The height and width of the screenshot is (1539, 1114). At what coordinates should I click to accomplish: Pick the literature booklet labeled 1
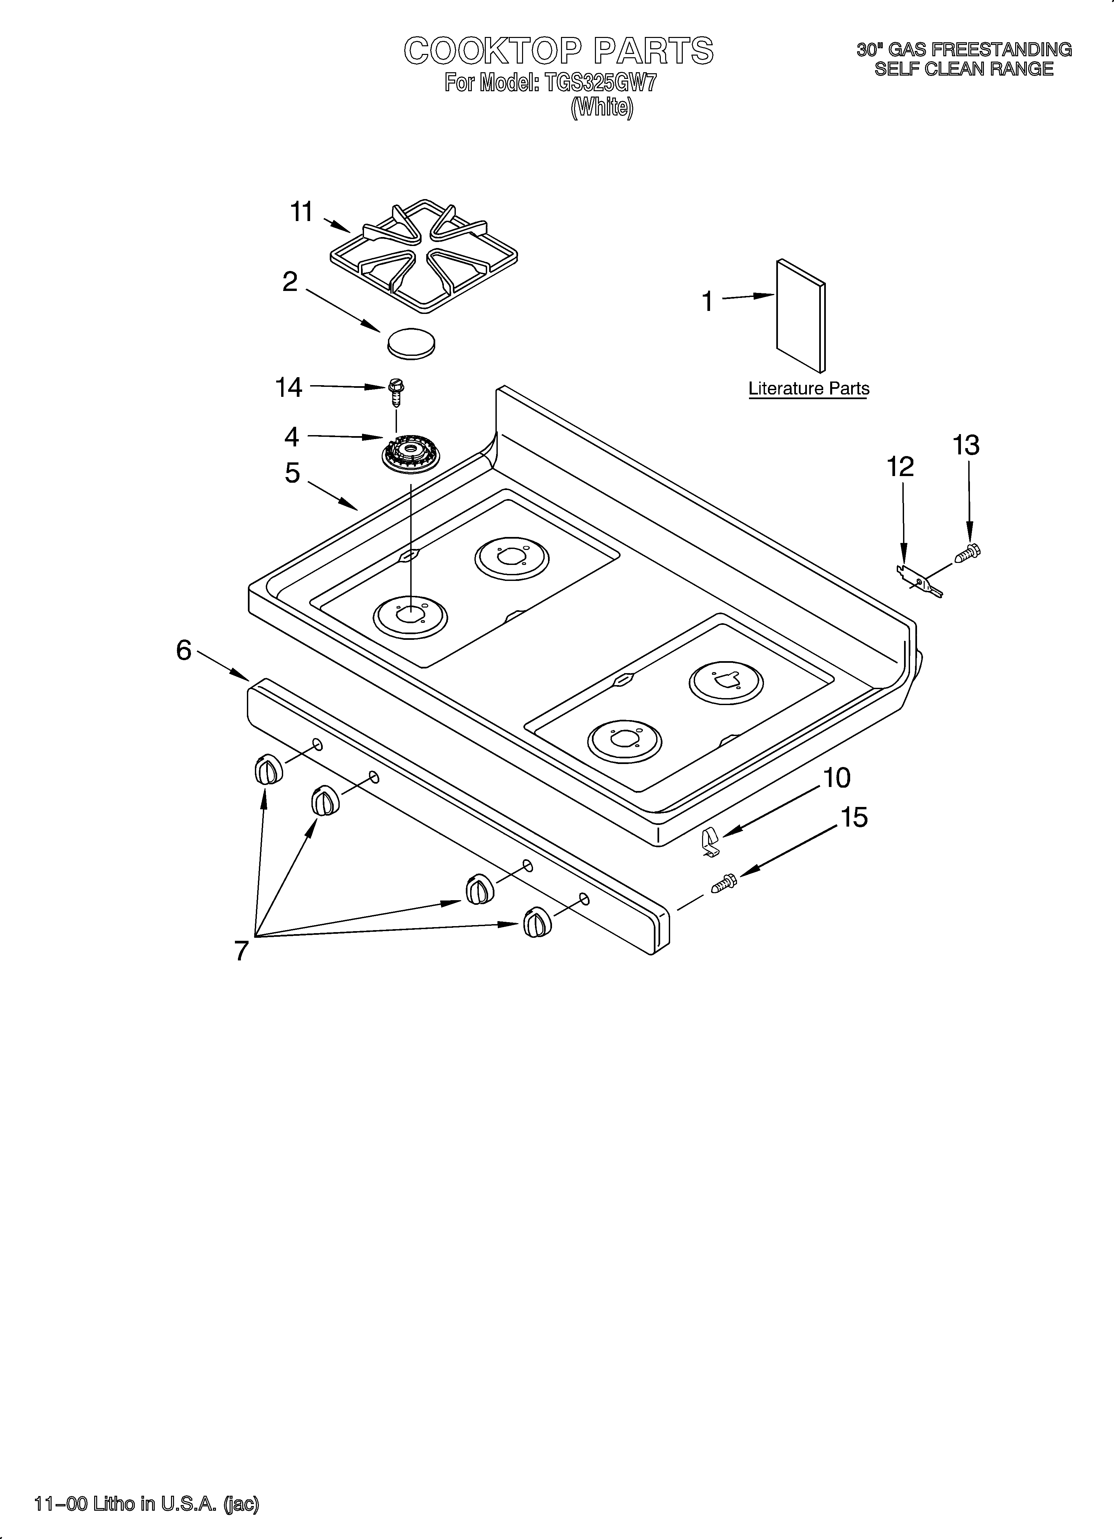pos(801,316)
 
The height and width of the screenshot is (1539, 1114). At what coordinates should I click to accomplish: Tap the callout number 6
pos(184,650)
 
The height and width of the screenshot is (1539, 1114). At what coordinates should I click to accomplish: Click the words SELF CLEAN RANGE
pos(963,69)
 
